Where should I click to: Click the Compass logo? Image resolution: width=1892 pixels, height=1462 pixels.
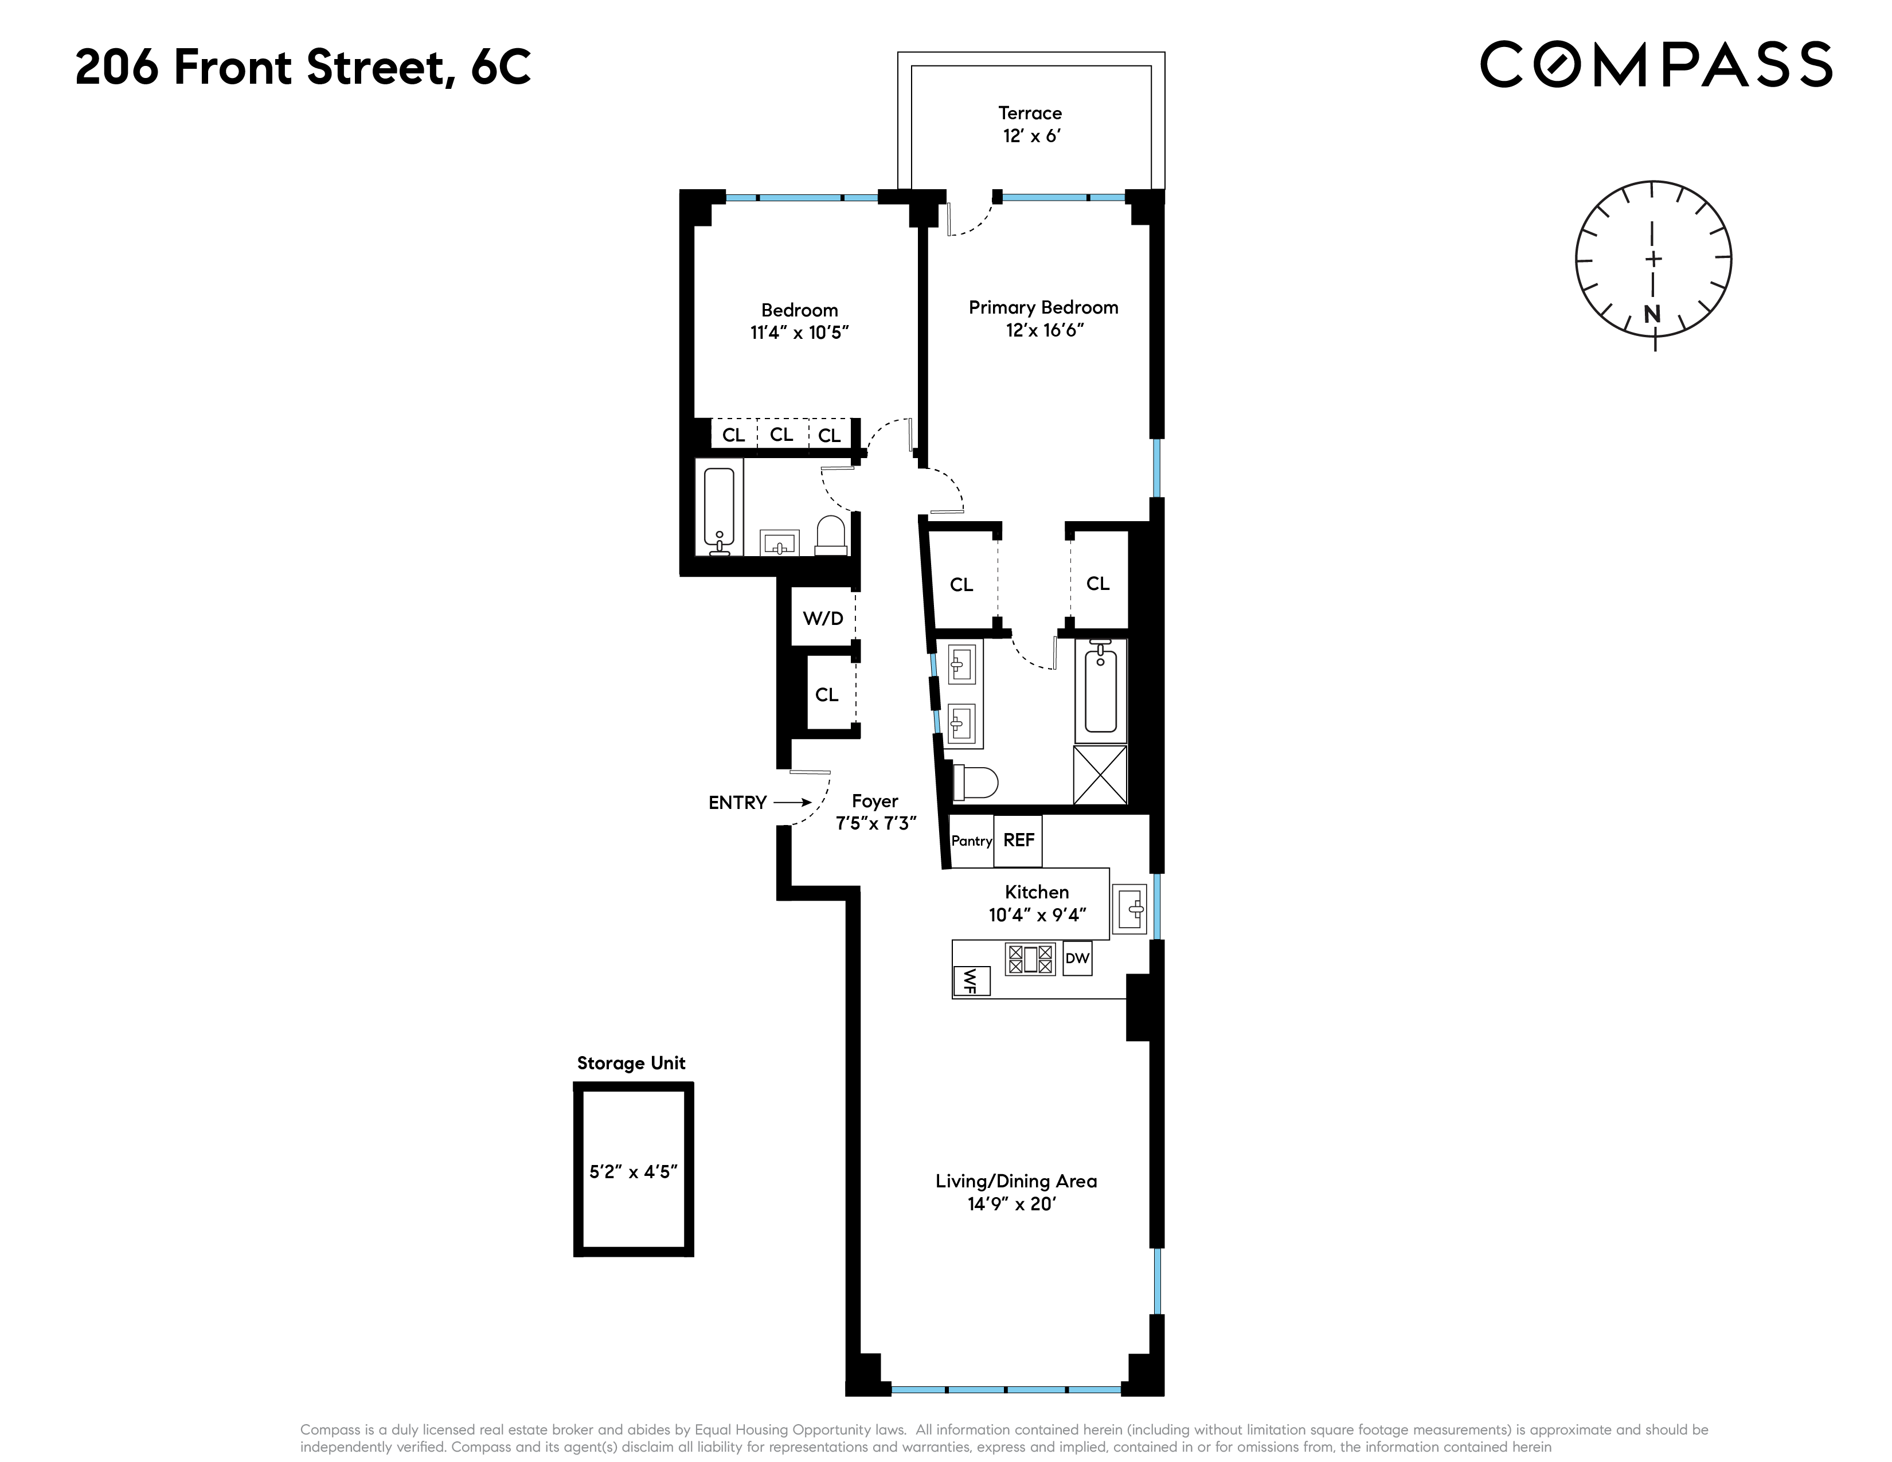click(x=1655, y=64)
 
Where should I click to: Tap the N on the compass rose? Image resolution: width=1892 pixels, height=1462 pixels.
click(x=1652, y=314)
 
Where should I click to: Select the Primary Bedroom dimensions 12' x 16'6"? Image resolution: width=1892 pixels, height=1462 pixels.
click(x=1044, y=331)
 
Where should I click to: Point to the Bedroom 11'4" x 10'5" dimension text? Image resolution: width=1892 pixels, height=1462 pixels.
click(x=799, y=333)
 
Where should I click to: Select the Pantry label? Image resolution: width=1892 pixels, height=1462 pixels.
click(x=971, y=841)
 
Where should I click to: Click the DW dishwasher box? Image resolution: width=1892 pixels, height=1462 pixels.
click(x=1077, y=958)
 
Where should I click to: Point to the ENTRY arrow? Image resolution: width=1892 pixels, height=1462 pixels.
click(x=792, y=803)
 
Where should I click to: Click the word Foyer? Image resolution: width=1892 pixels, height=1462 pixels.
click(x=874, y=801)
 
